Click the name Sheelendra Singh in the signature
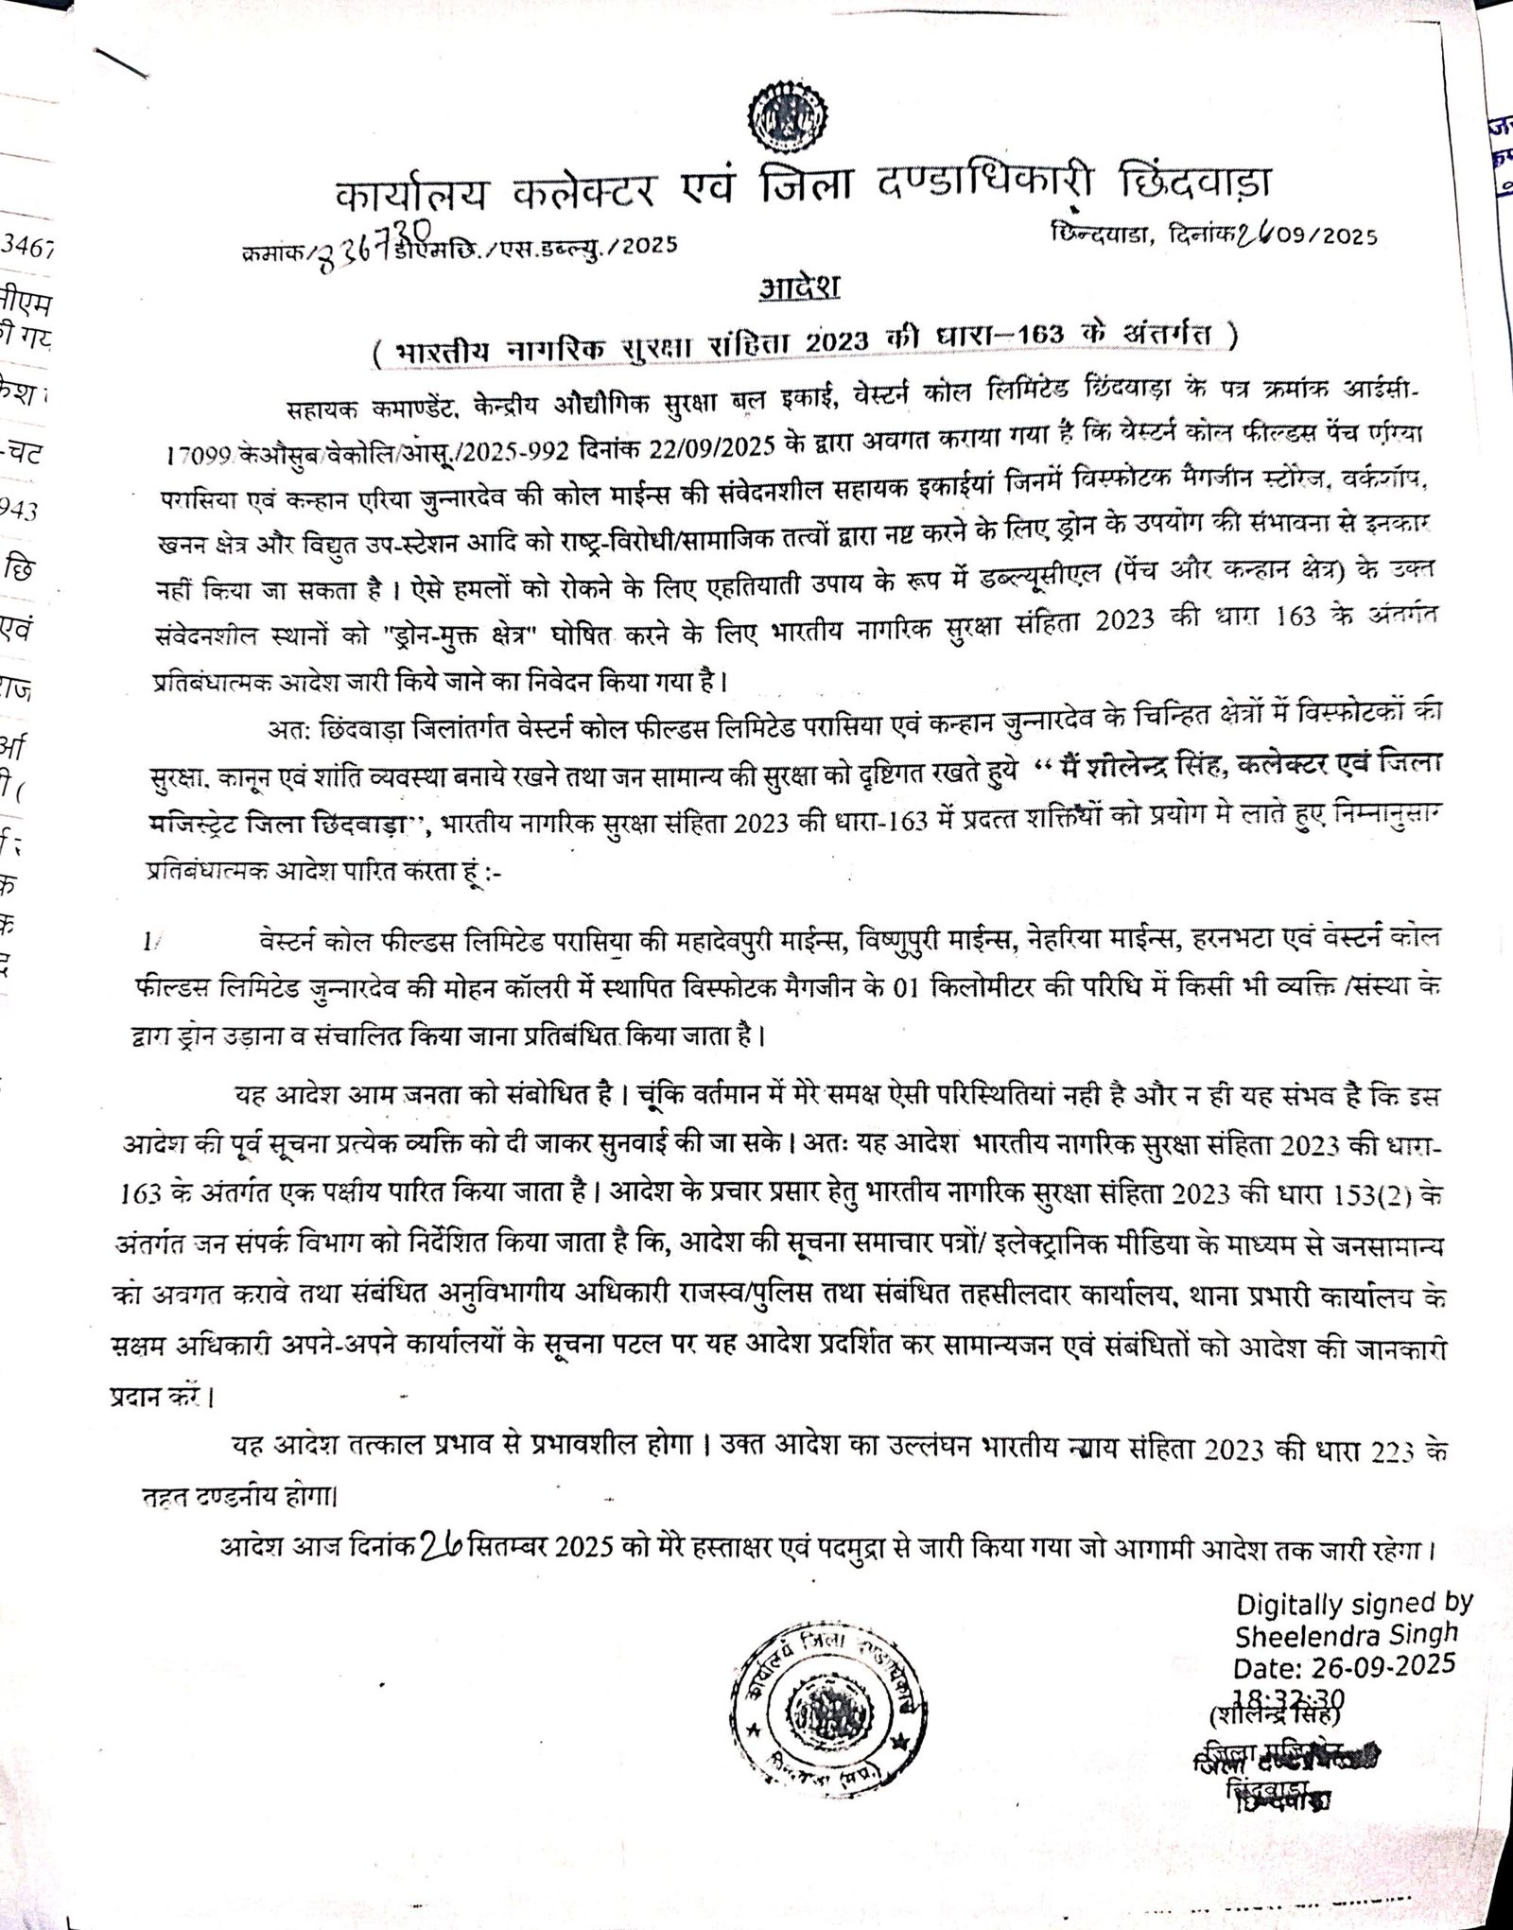[x=1347, y=1634]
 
